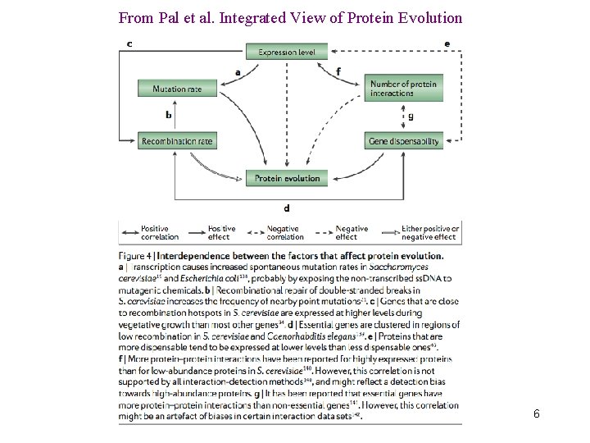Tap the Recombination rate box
click(x=178, y=141)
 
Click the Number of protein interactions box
click(x=404, y=89)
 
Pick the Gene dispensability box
click(x=404, y=141)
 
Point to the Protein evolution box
click(x=287, y=178)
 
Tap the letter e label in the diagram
click(x=447, y=43)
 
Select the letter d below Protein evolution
click(x=286, y=208)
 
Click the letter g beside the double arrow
click(x=411, y=116)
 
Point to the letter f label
click(x=338, y=72)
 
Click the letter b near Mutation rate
click(x=168, y=115)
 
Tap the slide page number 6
click(x=536, y=413)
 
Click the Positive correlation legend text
click(x=159, y=233)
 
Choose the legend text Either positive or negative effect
click(x=430, y=233)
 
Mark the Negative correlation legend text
click(x=285, y=233)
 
